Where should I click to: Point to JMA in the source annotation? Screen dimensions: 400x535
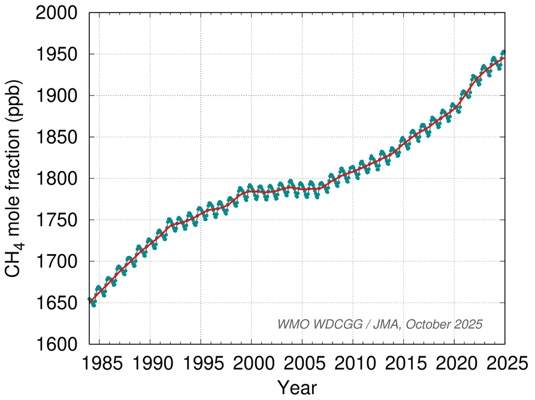[389, 324]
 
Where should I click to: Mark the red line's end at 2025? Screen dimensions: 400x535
[504, 58]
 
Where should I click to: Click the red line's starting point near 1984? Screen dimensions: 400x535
[90, 303]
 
